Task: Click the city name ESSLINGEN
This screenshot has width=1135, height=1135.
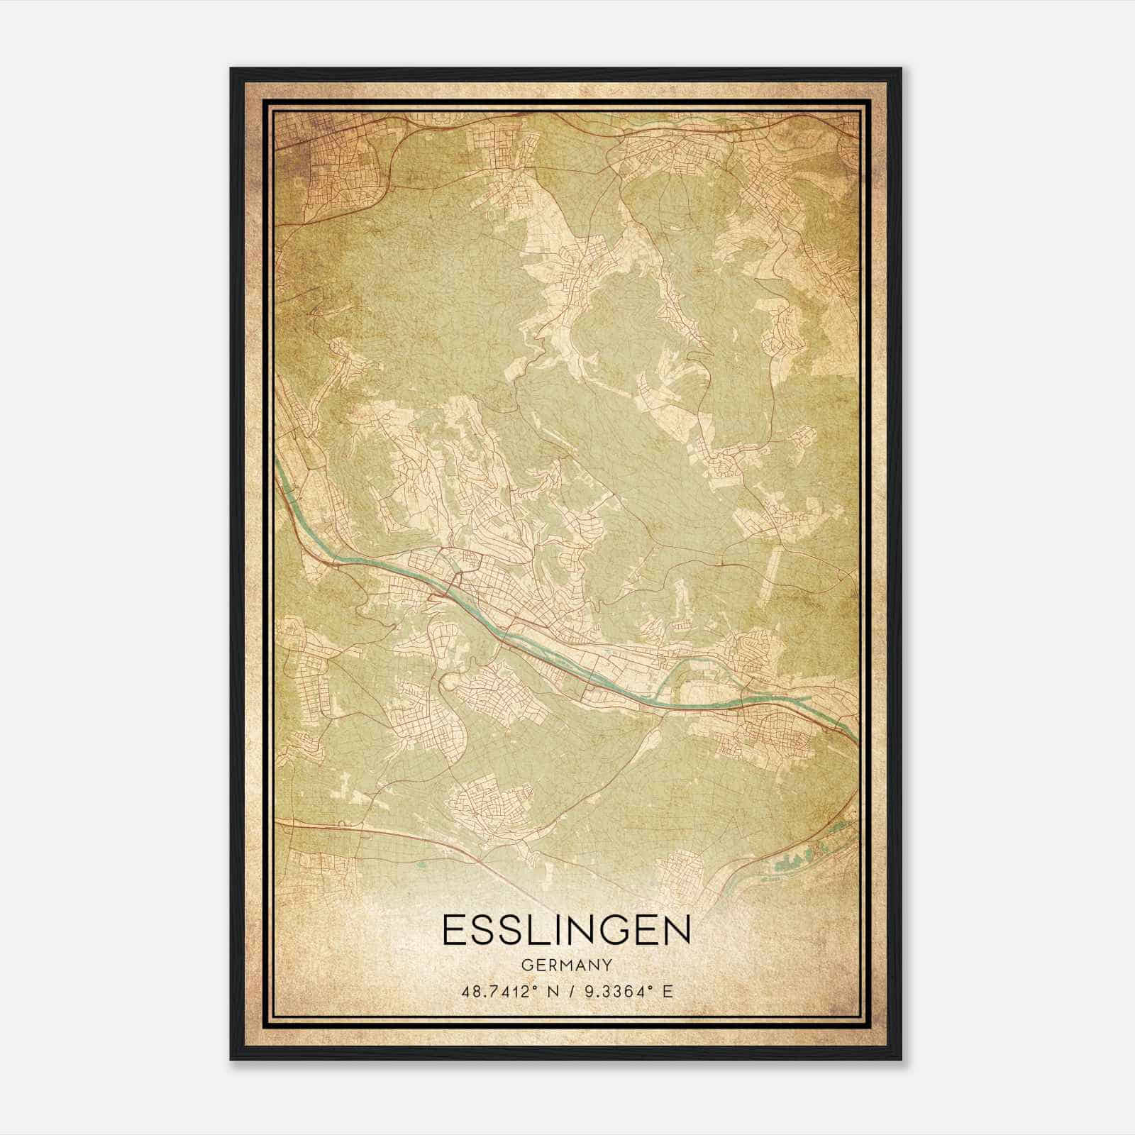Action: tap(566, 930)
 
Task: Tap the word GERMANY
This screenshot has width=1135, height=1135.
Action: tap(566, 965)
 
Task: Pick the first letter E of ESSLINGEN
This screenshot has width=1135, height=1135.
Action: tap(454, 930)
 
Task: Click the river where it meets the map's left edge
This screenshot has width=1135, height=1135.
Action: tap(277, 463)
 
